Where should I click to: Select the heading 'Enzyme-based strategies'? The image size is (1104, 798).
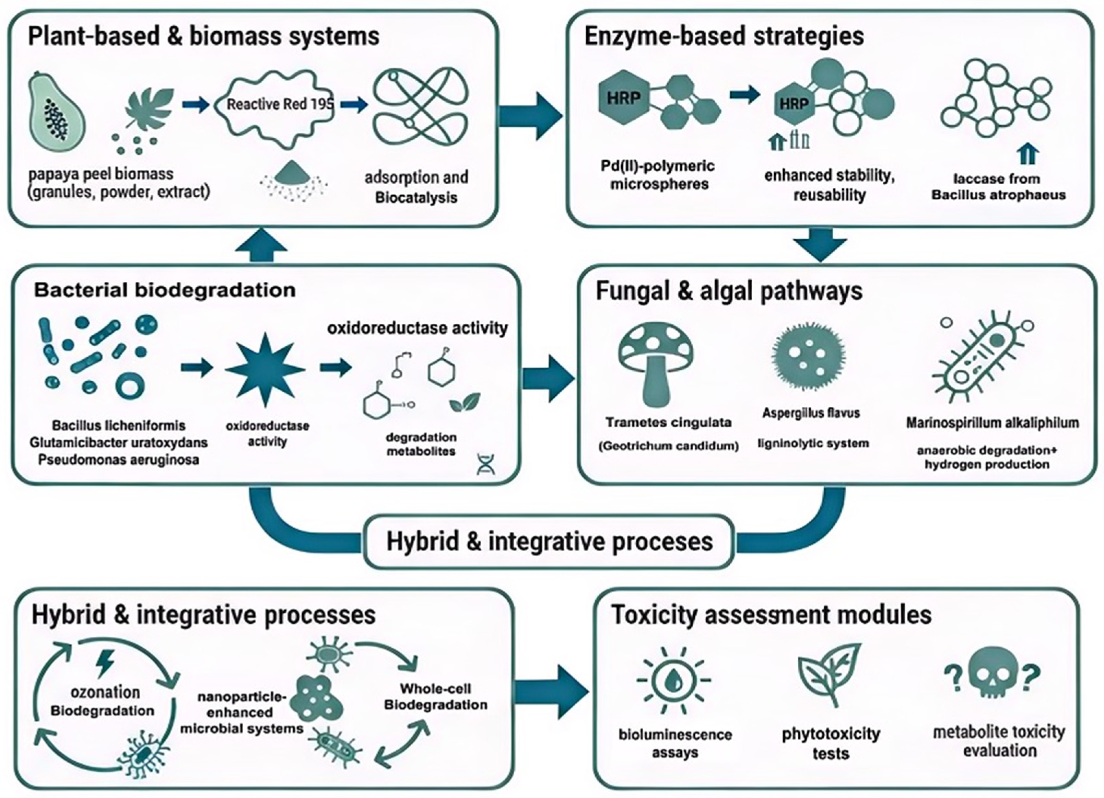point(724,36)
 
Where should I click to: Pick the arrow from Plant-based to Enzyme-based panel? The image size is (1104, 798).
point(531,116)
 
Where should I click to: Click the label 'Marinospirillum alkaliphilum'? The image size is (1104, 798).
point(992,423)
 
